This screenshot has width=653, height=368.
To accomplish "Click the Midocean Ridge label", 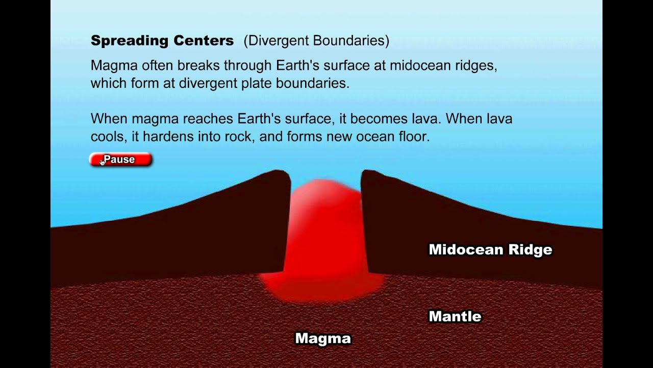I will pos(490,249).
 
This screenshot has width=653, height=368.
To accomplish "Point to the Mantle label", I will pos(455,316).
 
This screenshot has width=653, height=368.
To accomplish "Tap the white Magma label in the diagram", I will pos(323,338).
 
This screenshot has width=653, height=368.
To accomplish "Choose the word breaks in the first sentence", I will pos(200,66).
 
